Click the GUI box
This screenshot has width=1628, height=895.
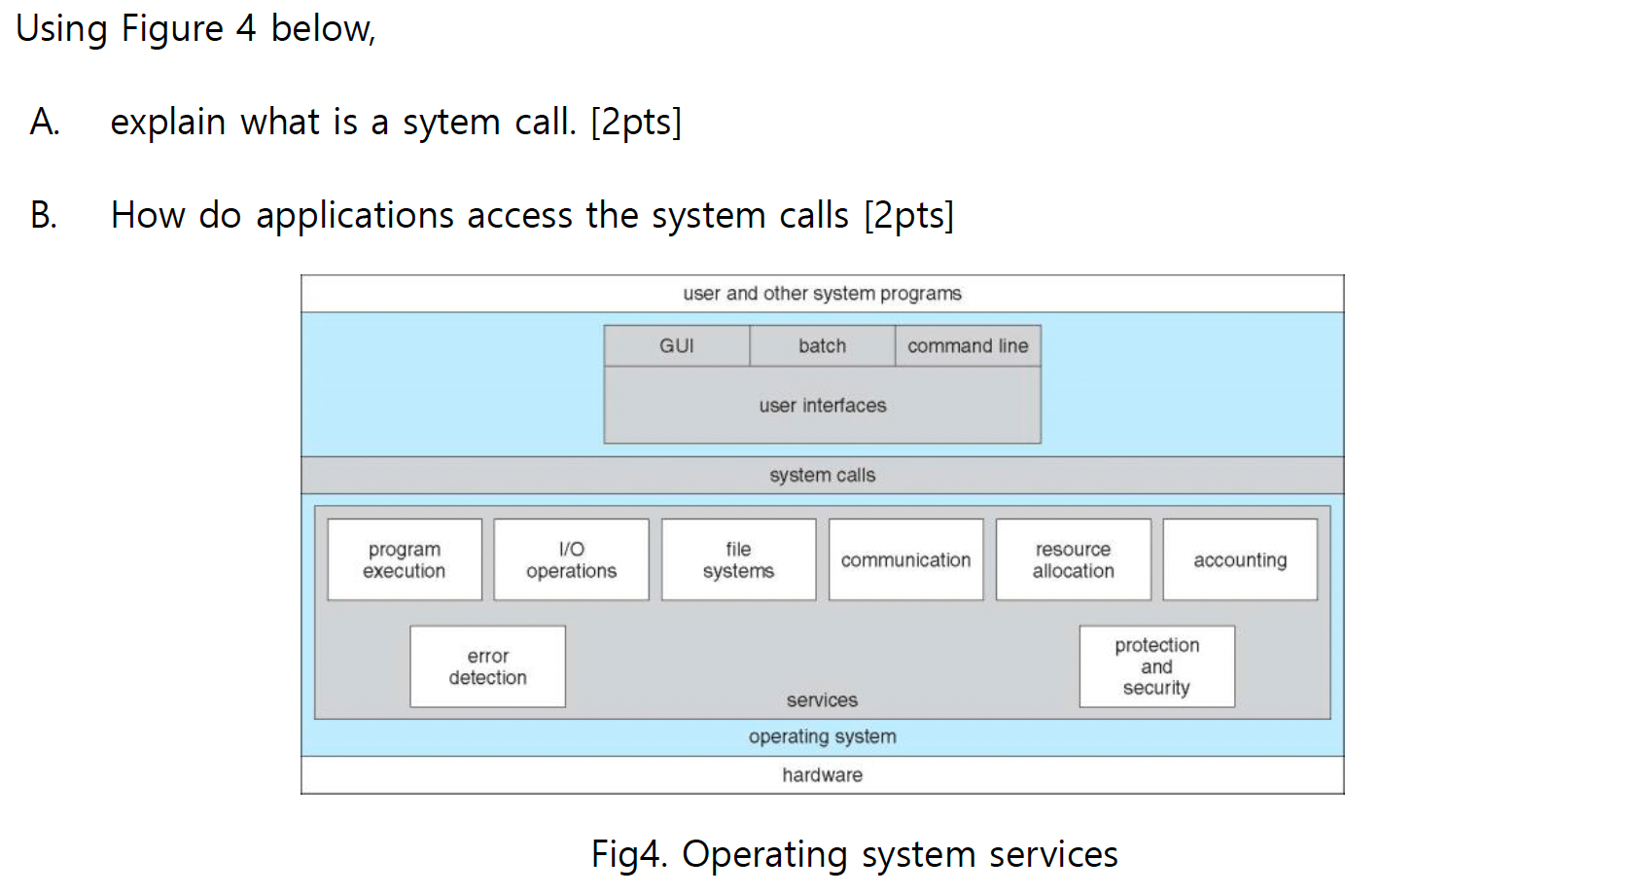coord(676,346)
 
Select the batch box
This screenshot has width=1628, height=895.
coord(822,346)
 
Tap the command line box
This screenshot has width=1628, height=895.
coord(968,346)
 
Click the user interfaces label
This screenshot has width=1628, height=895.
coord(823,406)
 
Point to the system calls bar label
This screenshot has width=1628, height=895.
coord(823,476)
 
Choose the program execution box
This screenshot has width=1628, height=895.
coord(405,560)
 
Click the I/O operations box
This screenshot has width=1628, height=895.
coord(571,560)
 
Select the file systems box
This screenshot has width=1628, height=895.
coord(738,560)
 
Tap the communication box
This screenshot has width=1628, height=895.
coord(905,560)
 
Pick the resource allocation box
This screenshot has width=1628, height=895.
coord(1073,560)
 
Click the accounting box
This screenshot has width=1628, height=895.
coord(1240,560)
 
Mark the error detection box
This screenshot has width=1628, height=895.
coord(487,667)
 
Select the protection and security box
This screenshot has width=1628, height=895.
coord(1156,667)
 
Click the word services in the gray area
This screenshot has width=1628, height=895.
coord(822,700)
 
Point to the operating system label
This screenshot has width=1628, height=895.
coord(823,737)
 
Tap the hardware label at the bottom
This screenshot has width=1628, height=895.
coord(823,775)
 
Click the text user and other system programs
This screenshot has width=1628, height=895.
coord(823,294)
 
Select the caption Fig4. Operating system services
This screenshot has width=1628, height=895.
coord(854,855)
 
